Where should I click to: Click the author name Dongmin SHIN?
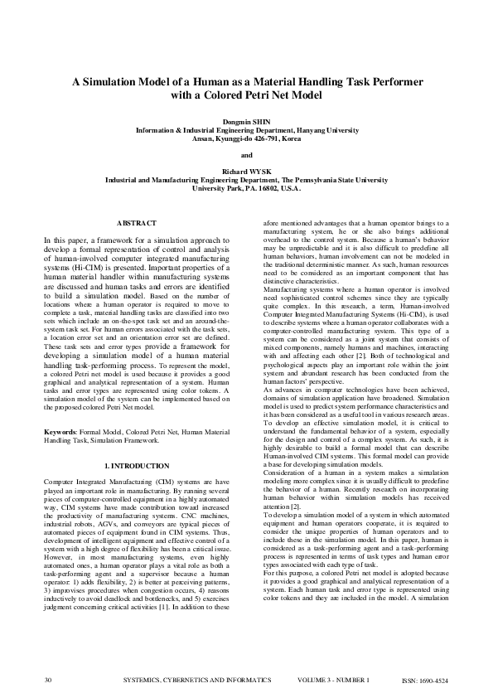(246, 121)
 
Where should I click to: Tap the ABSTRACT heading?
(136, 224)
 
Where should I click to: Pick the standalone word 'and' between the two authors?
(246, 154)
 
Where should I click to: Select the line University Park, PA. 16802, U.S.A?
(246, 188)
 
